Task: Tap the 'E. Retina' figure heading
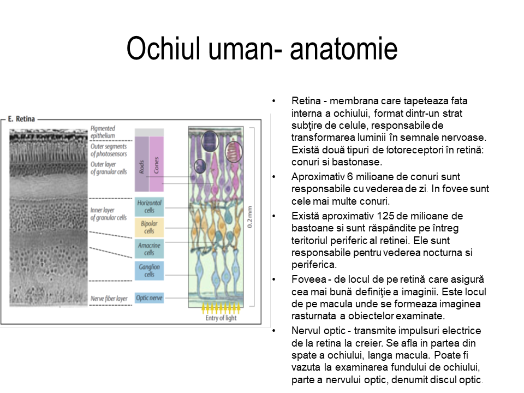(22, 118)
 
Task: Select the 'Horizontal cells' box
(149, 206)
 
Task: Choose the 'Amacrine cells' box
(149, 249)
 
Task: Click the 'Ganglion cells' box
(149, 271)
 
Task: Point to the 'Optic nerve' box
(149, 298)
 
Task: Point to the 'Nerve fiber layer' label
(109, 299)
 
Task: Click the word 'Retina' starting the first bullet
(305, 101)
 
